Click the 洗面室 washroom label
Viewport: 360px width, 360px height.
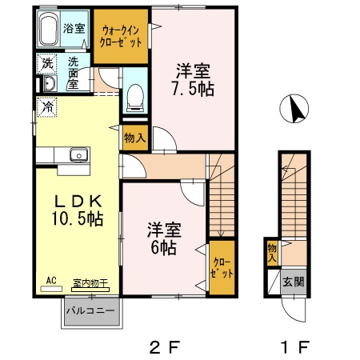[x=73, y=72]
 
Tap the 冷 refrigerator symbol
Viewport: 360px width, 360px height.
[x=48, y=105]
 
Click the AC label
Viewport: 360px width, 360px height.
[x=50, y=281]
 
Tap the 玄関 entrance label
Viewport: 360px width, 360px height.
[x=294, y=282]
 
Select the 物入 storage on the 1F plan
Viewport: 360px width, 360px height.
[x=272, y=253]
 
